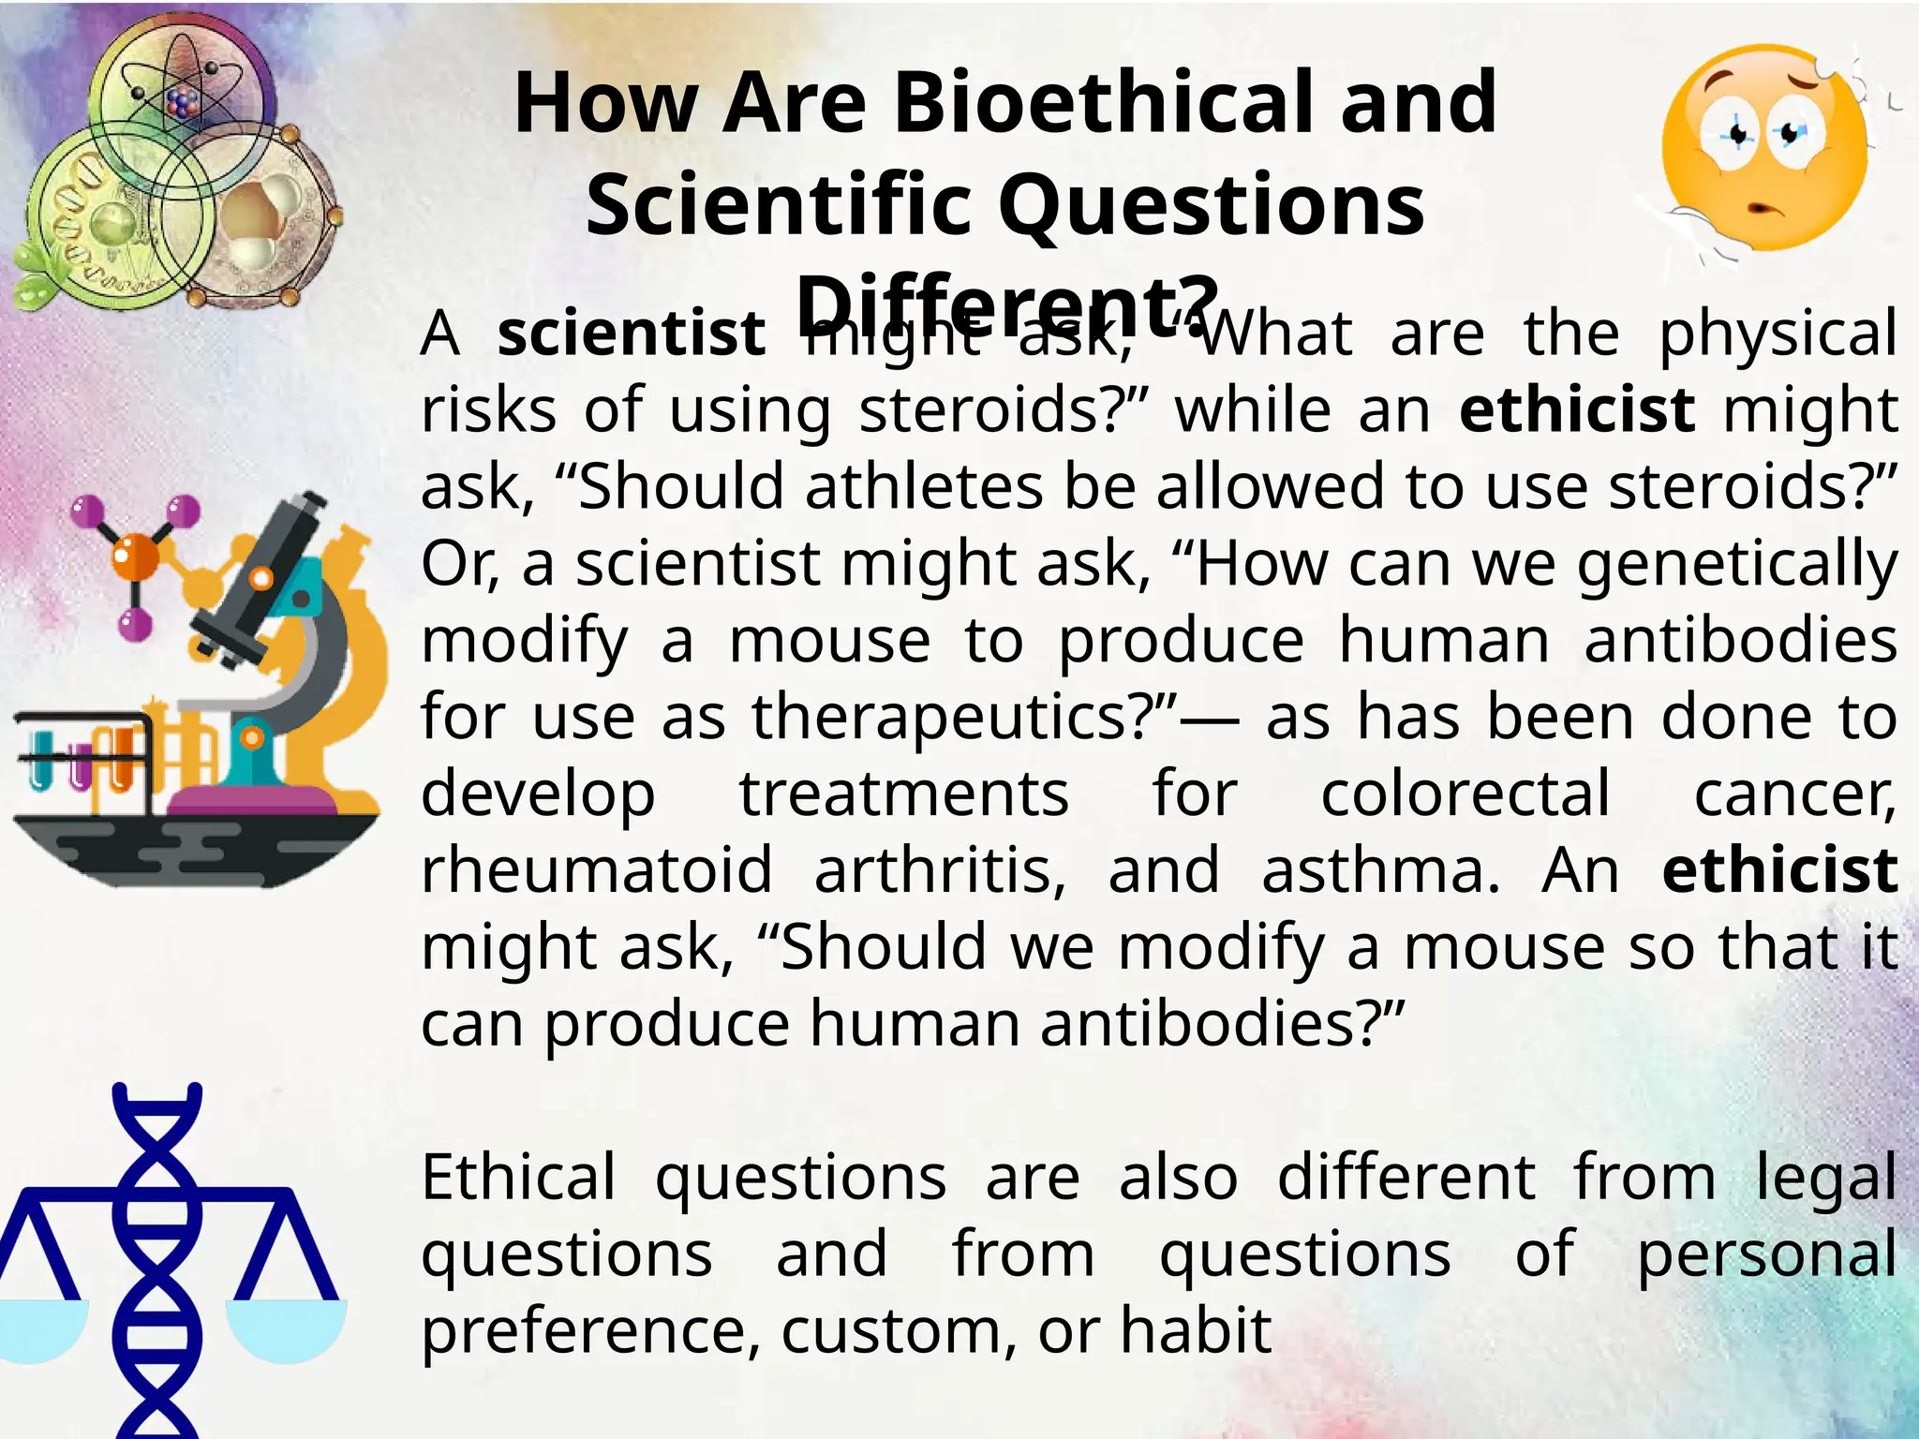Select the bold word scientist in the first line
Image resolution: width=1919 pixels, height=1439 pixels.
pos(631,334)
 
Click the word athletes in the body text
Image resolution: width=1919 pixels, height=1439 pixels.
pos(923,487)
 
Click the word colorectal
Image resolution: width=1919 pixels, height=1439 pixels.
pos(1465,794)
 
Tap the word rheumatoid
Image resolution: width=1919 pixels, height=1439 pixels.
pos(597,871)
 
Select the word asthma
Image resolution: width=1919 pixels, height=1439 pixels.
pos(1379,871)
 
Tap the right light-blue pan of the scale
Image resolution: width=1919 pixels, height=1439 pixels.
pos(286,1328)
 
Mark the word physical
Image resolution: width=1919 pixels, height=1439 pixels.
pos(1778,334)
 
